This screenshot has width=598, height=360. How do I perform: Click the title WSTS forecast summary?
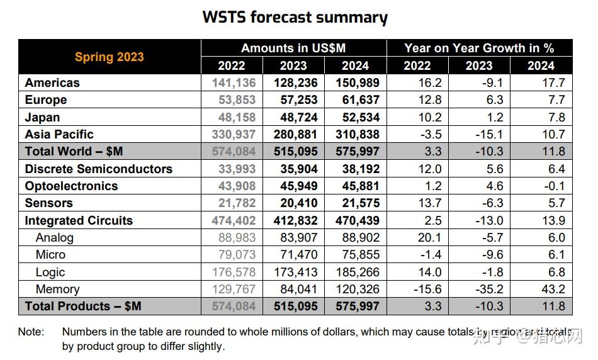click(x=295, y=17)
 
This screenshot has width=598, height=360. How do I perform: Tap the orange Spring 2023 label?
click(x=110, y=57)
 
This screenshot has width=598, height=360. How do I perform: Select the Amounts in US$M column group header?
click(x=293, y=48)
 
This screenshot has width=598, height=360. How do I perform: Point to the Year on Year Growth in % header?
click(x=479, y=48)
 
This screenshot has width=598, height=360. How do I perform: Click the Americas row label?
click(x=52, y=82)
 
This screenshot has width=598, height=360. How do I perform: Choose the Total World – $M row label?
click(x=74, y=152)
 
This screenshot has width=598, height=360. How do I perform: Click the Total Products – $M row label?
click(x=83, y=307)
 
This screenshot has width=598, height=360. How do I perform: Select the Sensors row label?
click(x=48, y=203)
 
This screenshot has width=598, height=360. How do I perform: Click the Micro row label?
click(x=50, y=255)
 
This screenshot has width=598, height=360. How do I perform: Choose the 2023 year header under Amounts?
click(x=293, y=65)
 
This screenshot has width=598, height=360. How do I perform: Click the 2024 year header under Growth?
click(x=541, y=65)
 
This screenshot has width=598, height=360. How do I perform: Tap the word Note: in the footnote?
click(x=31, y=332)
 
